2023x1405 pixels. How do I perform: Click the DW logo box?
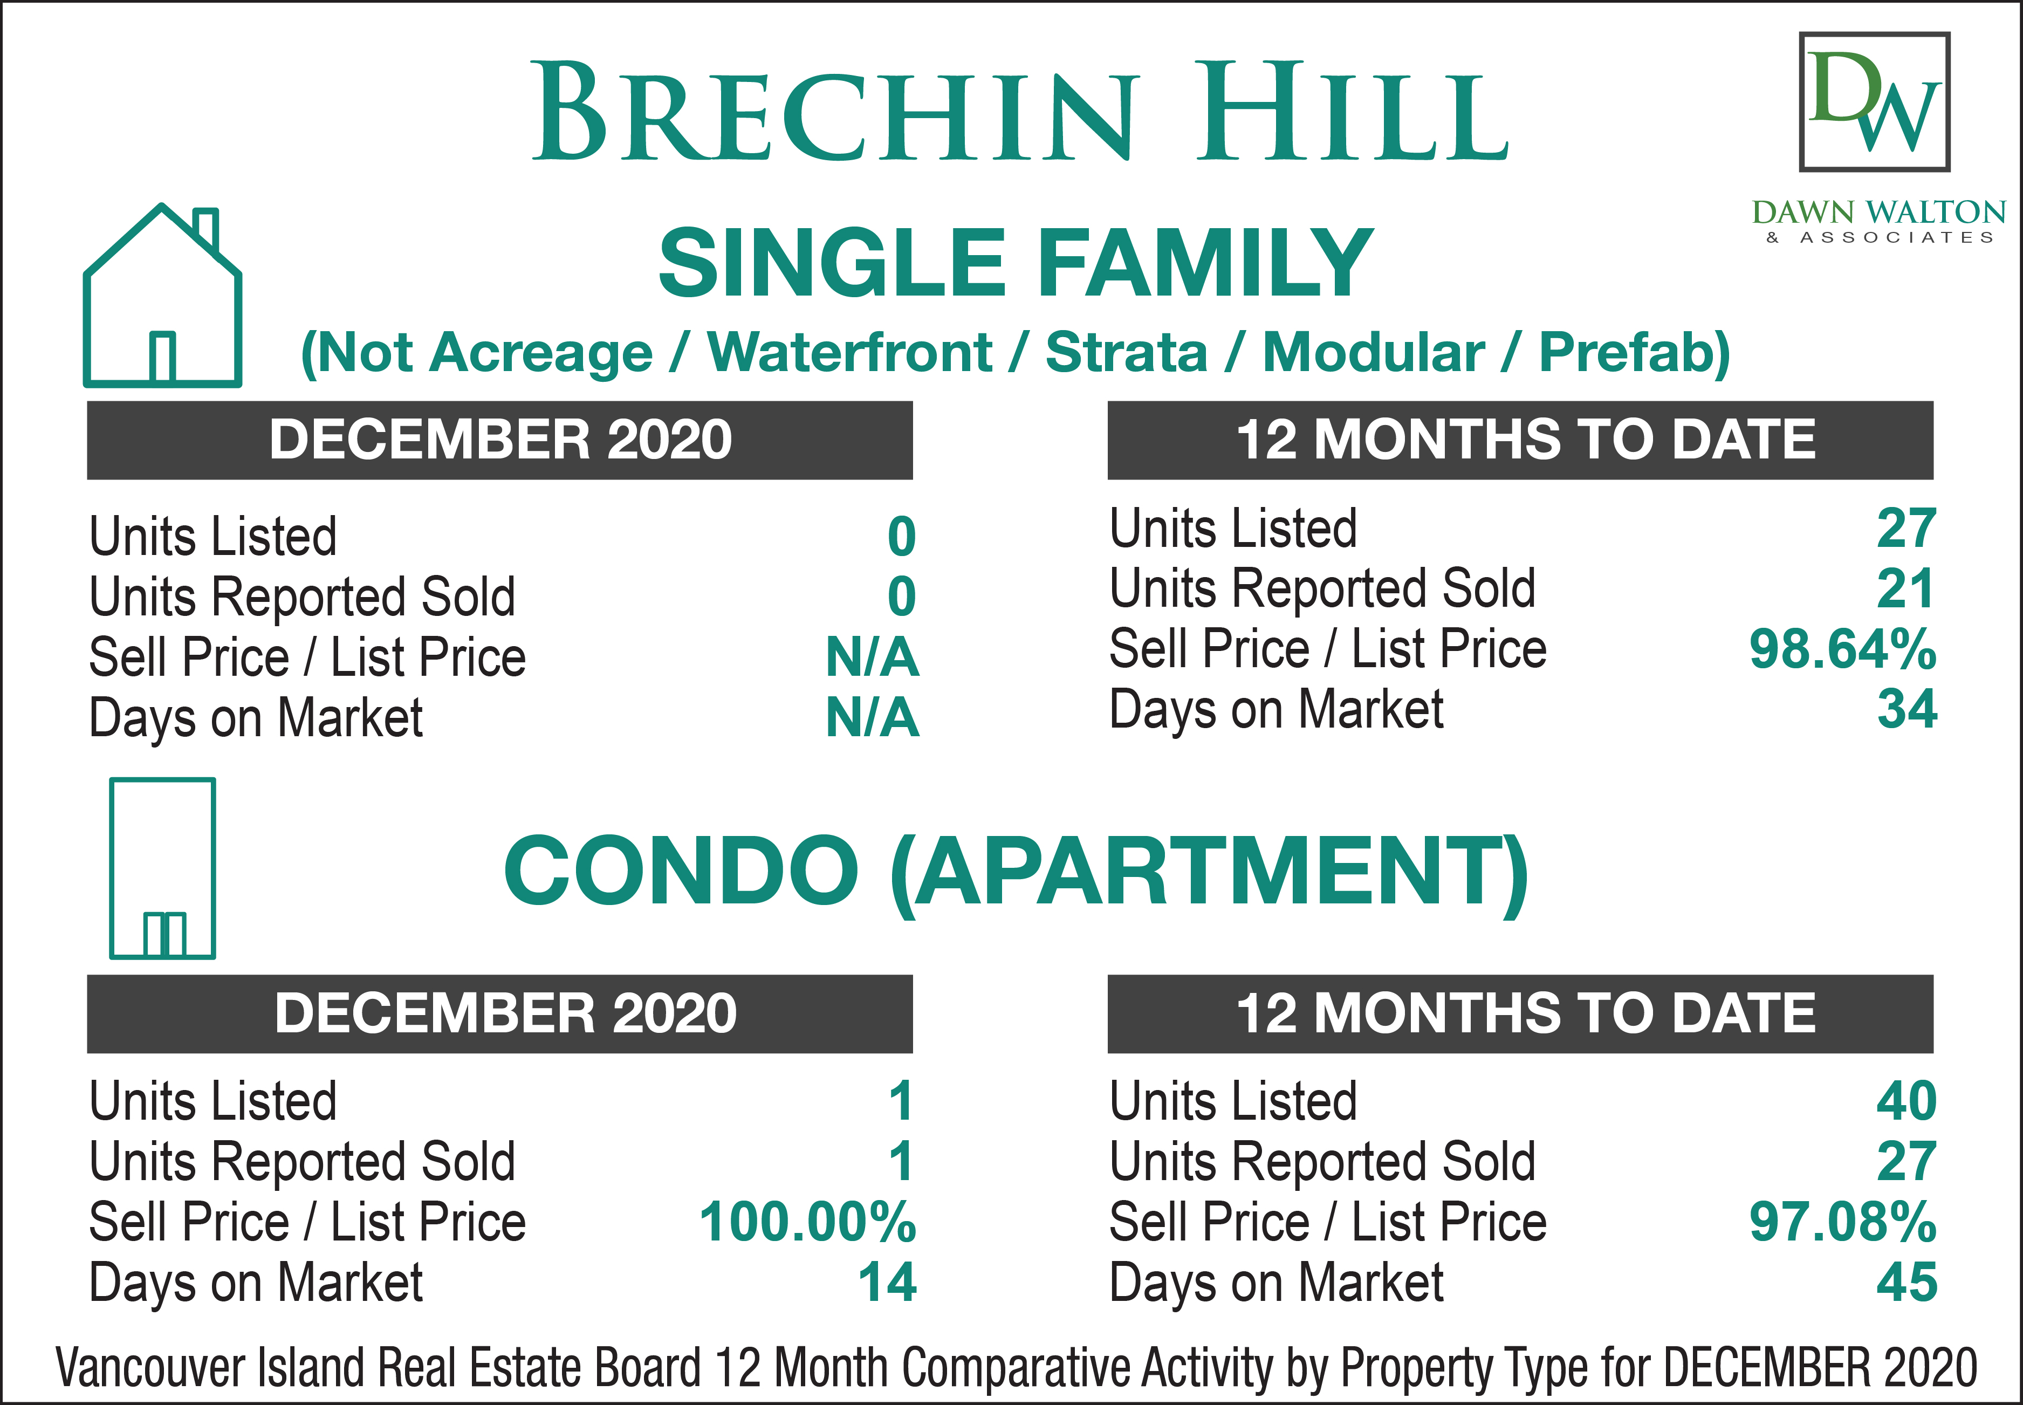coord(1874,101)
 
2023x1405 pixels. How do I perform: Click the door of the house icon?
coord(162,358)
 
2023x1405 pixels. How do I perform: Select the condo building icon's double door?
coord(164,935)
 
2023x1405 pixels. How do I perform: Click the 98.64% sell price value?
coord(1842,650)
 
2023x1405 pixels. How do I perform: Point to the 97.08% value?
coord(1842,1222)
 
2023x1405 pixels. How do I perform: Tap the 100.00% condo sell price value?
coord(807,1222)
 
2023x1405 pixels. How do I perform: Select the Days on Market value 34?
coord(1907,710)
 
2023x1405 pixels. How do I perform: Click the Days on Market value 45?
coord(1907,1283)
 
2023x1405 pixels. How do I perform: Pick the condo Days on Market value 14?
coord(887,1283)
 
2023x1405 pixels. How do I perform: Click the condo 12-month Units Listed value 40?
coord(1907,1101)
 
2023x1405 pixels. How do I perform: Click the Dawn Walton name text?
coord(1878,212)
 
